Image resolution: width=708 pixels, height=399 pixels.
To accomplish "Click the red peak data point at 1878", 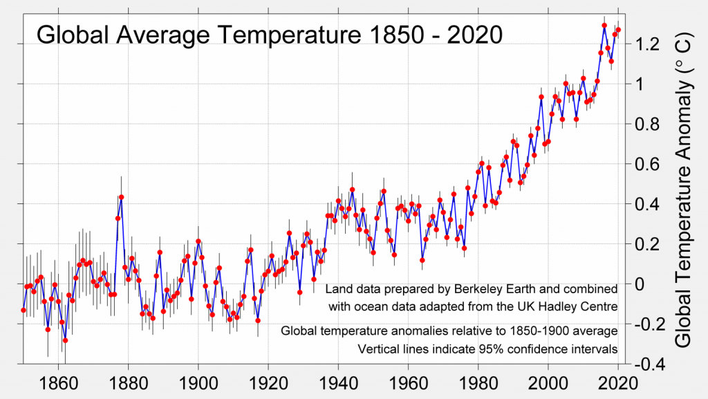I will pos(121,197).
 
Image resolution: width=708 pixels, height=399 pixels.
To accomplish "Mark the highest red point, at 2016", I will pos(604,26).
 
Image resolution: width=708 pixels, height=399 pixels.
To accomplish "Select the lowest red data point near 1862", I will pos(65,340).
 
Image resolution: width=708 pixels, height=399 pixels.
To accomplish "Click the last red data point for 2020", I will pos(618,30).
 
